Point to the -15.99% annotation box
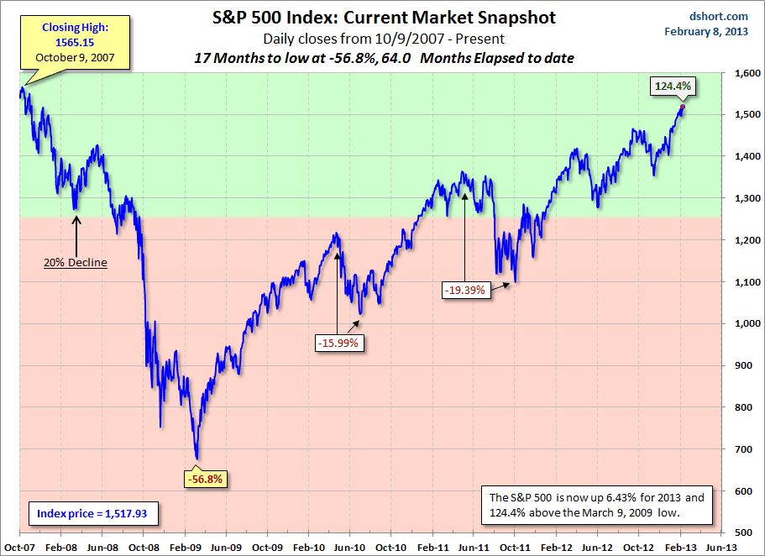[338, 343]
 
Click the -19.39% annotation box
[465, 289]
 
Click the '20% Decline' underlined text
[76, 262]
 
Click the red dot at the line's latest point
[682, 107]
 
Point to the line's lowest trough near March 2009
[197, 459]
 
